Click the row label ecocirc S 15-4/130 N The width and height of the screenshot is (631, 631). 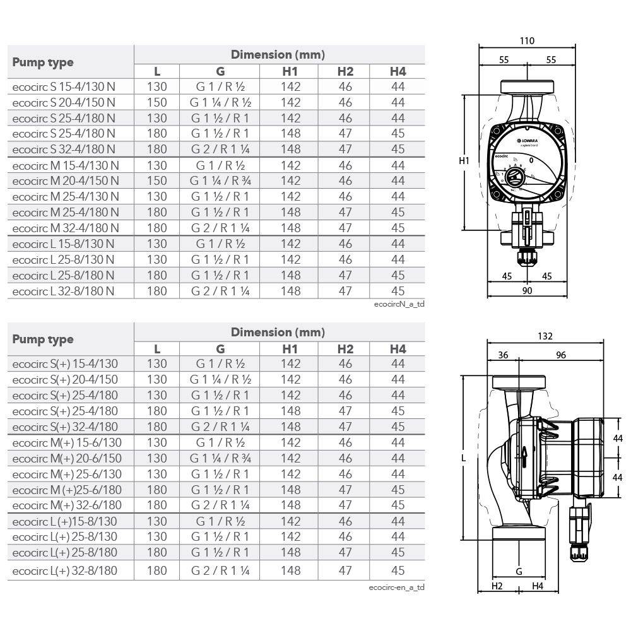pos(64,86)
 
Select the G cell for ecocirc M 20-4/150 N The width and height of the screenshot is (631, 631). pos(220,180)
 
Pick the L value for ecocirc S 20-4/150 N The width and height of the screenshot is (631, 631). pos(156,102)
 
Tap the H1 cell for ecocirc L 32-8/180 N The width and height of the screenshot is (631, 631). pos(290,291)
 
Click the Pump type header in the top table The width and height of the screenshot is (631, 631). pos(43,62)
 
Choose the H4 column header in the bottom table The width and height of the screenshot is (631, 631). pos(398,349)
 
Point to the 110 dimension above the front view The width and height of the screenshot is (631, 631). pos(527,41)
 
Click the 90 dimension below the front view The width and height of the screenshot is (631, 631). pos(527,290)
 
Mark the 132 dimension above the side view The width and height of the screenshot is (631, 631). pos(544,337)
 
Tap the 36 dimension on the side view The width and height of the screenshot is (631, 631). pos(502,355)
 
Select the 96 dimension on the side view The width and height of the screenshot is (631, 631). pos(560,355)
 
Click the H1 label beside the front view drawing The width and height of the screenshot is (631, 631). pos(464,161)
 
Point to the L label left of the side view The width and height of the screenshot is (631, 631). pos(464,459)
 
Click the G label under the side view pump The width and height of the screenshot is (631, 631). pos(519,572)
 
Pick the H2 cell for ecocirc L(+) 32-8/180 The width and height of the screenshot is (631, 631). pos(345,571)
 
